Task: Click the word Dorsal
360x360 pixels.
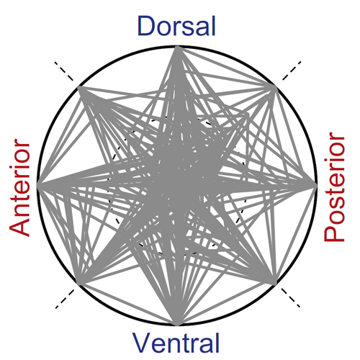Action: point(176,26)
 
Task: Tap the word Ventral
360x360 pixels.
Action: point(176,343)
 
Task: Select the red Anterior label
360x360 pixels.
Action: point(19,187)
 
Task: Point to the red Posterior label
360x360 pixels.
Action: point(334,186)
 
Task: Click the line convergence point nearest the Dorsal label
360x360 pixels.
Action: point(177,48)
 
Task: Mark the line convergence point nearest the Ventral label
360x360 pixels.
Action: point(177,324)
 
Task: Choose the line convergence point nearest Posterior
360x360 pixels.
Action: point(315,185)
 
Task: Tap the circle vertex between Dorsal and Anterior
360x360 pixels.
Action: point(79,88)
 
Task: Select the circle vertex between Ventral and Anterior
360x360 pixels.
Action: point(79,283)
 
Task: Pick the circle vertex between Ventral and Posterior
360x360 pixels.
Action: point(274,283)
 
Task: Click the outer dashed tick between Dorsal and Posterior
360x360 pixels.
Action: point(292,71)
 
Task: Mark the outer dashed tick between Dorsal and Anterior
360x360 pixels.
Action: point(63,71)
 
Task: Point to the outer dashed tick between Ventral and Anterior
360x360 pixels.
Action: point(65,299)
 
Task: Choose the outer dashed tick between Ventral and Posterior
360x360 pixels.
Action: point(290,297)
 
